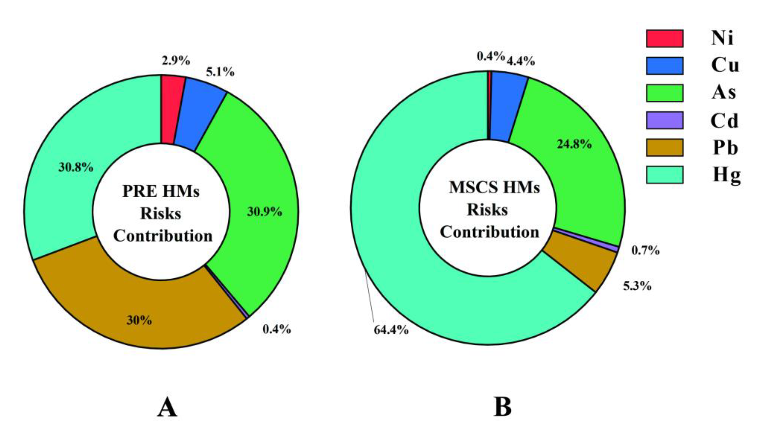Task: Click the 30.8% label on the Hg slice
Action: pos(76,167)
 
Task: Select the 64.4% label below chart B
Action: pos(391,330)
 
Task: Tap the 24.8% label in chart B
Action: pos(574,144)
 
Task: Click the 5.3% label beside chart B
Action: pos(637,286)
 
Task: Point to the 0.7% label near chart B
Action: pos(645,250)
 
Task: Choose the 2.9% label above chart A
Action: pos(176,61)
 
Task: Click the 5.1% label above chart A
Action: pos(220,72)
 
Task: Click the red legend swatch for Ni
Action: pos(664,38)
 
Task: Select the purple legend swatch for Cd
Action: pos(664,120)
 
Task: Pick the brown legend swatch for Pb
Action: pos(664,147)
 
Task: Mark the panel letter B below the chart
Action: pos(503,407)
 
